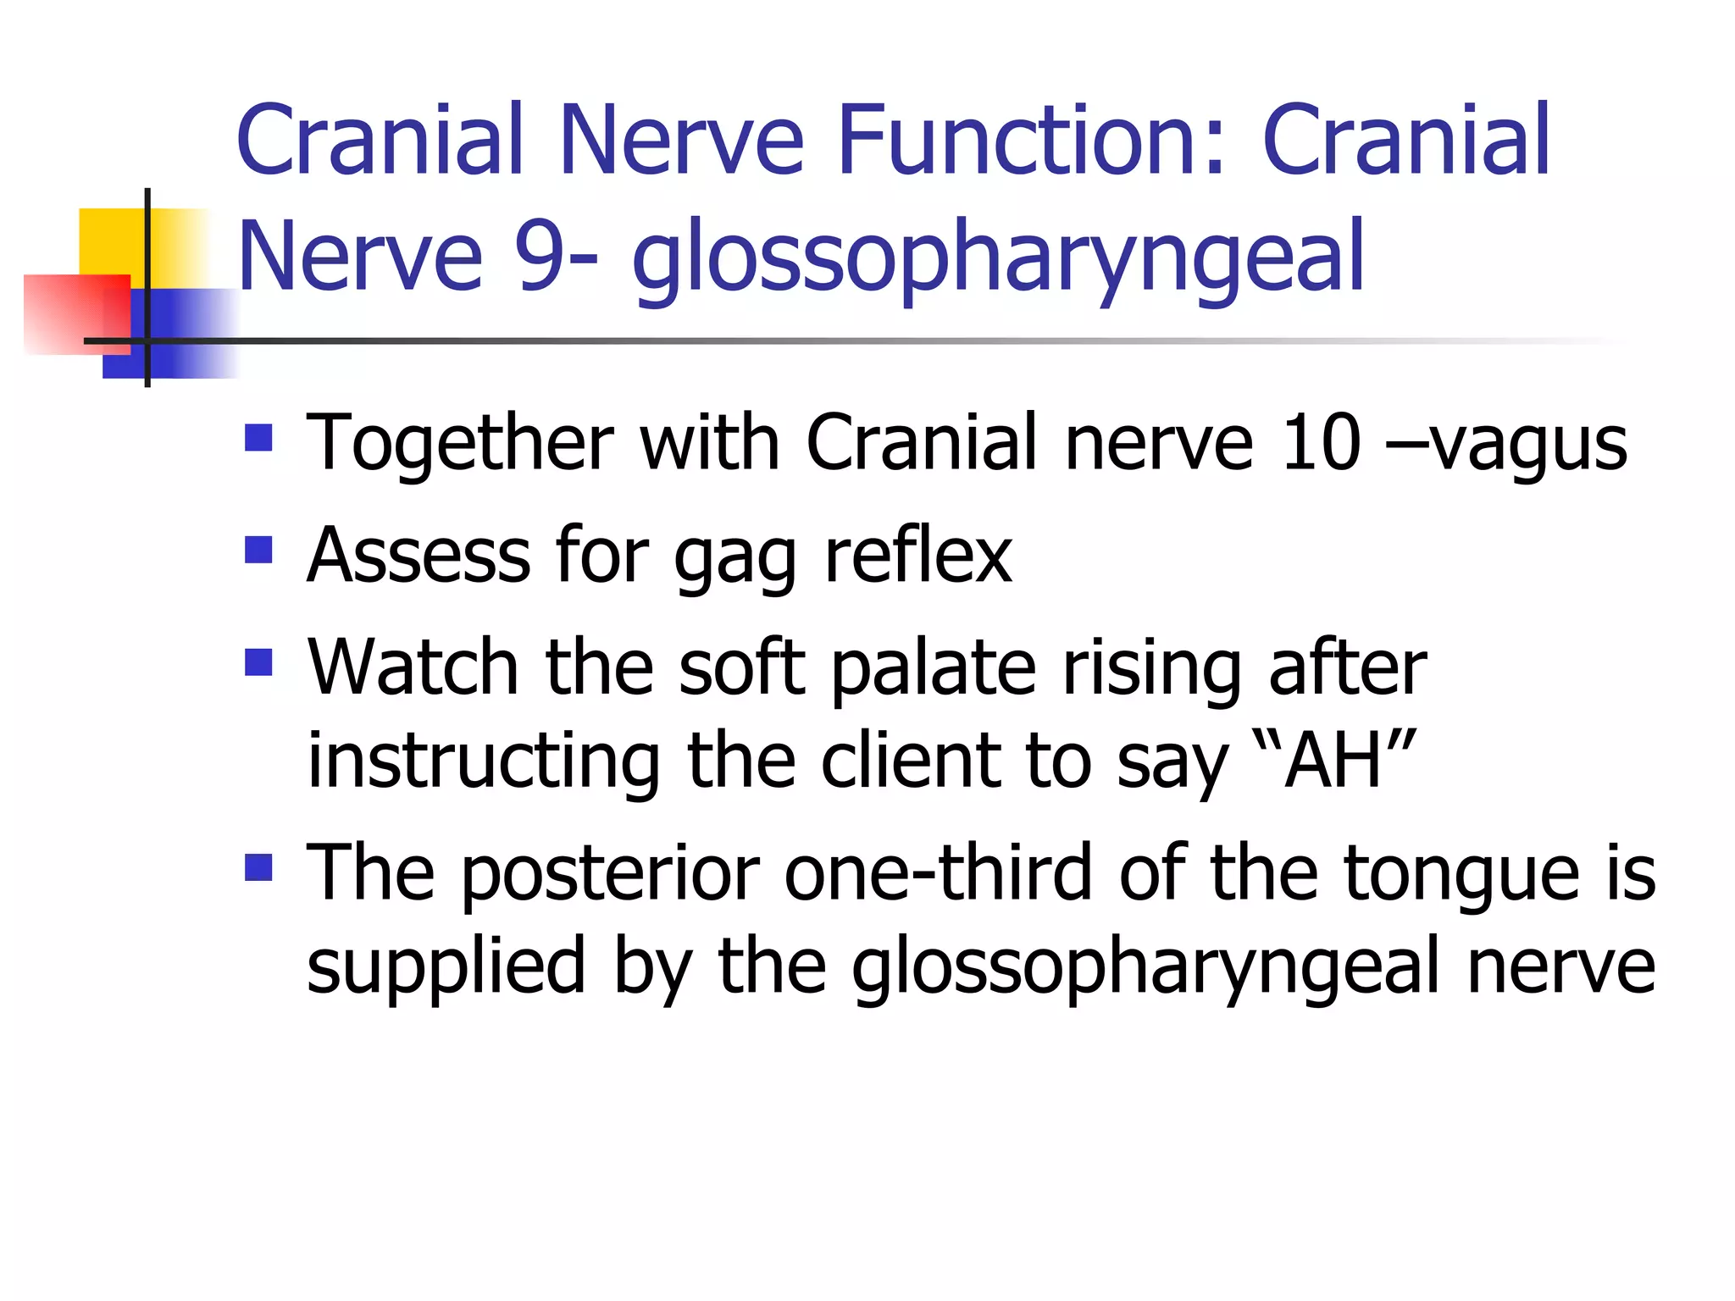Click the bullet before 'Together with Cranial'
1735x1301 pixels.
click(258, 438)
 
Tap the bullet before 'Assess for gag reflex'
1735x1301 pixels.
click(258, 551)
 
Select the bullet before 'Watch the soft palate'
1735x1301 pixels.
click(258, 662)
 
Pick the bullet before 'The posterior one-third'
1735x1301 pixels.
click(258, 867)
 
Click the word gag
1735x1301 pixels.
click(735, 559)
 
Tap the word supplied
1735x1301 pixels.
click(446, 969)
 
